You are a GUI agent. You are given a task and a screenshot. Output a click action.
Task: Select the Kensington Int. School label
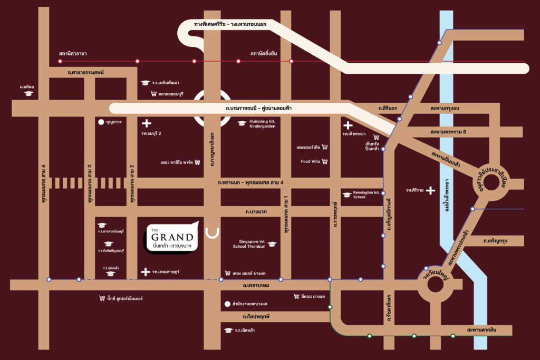[366, 195]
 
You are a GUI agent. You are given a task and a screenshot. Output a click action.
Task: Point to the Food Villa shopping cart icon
[325, 161]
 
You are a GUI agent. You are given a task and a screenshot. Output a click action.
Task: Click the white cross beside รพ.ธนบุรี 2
[147, 123]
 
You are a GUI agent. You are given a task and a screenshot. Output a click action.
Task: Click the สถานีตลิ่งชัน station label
[264, 54]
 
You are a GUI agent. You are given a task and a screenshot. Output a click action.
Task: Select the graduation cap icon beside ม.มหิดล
[28, 93]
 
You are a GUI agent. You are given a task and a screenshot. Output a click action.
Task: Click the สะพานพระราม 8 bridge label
[448, 132]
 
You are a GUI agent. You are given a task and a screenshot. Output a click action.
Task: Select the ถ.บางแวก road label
[256, 211]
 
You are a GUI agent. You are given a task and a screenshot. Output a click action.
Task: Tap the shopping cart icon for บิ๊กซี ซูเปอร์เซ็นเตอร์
[102, 298]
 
